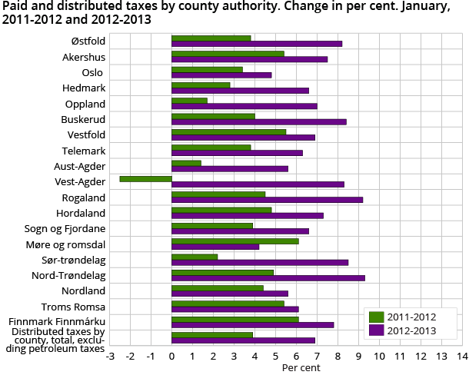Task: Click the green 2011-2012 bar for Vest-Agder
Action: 145,178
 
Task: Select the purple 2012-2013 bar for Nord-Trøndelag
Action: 268,278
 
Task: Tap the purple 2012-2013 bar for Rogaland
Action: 267,200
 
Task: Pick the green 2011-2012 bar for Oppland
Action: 189,100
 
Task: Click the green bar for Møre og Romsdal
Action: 234,241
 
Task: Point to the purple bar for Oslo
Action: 221,75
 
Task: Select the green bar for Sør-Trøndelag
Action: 195,257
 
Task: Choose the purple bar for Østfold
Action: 256,44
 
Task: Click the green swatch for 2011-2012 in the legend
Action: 377,317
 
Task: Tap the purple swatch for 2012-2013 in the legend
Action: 377,330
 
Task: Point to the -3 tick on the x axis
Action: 110,357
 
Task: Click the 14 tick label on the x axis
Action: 461,357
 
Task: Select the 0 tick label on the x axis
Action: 171,357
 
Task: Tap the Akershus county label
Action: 84,57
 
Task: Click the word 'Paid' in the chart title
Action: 15,7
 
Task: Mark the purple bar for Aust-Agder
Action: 230,169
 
